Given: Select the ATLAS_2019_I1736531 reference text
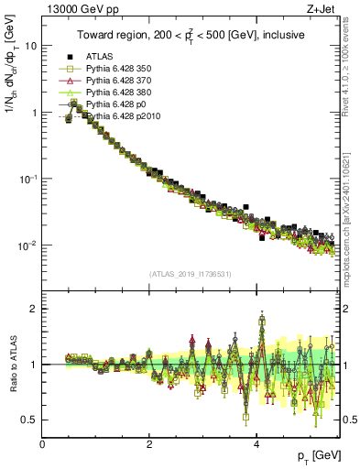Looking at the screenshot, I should pos(191,275).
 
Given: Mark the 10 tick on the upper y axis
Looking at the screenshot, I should pos(30,46).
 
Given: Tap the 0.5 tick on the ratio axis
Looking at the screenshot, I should pos(29,420).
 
